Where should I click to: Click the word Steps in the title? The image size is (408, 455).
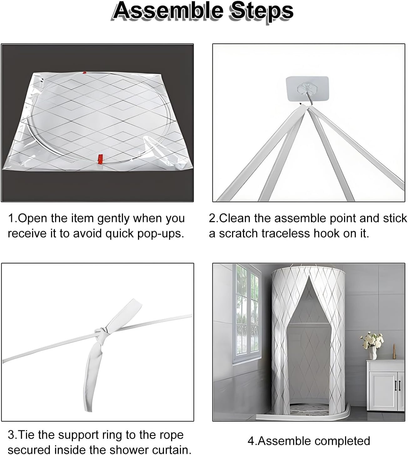click(262, 12)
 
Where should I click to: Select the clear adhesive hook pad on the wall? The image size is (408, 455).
click(307, 88)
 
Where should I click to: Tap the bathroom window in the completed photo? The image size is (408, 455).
click(247, 313)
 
